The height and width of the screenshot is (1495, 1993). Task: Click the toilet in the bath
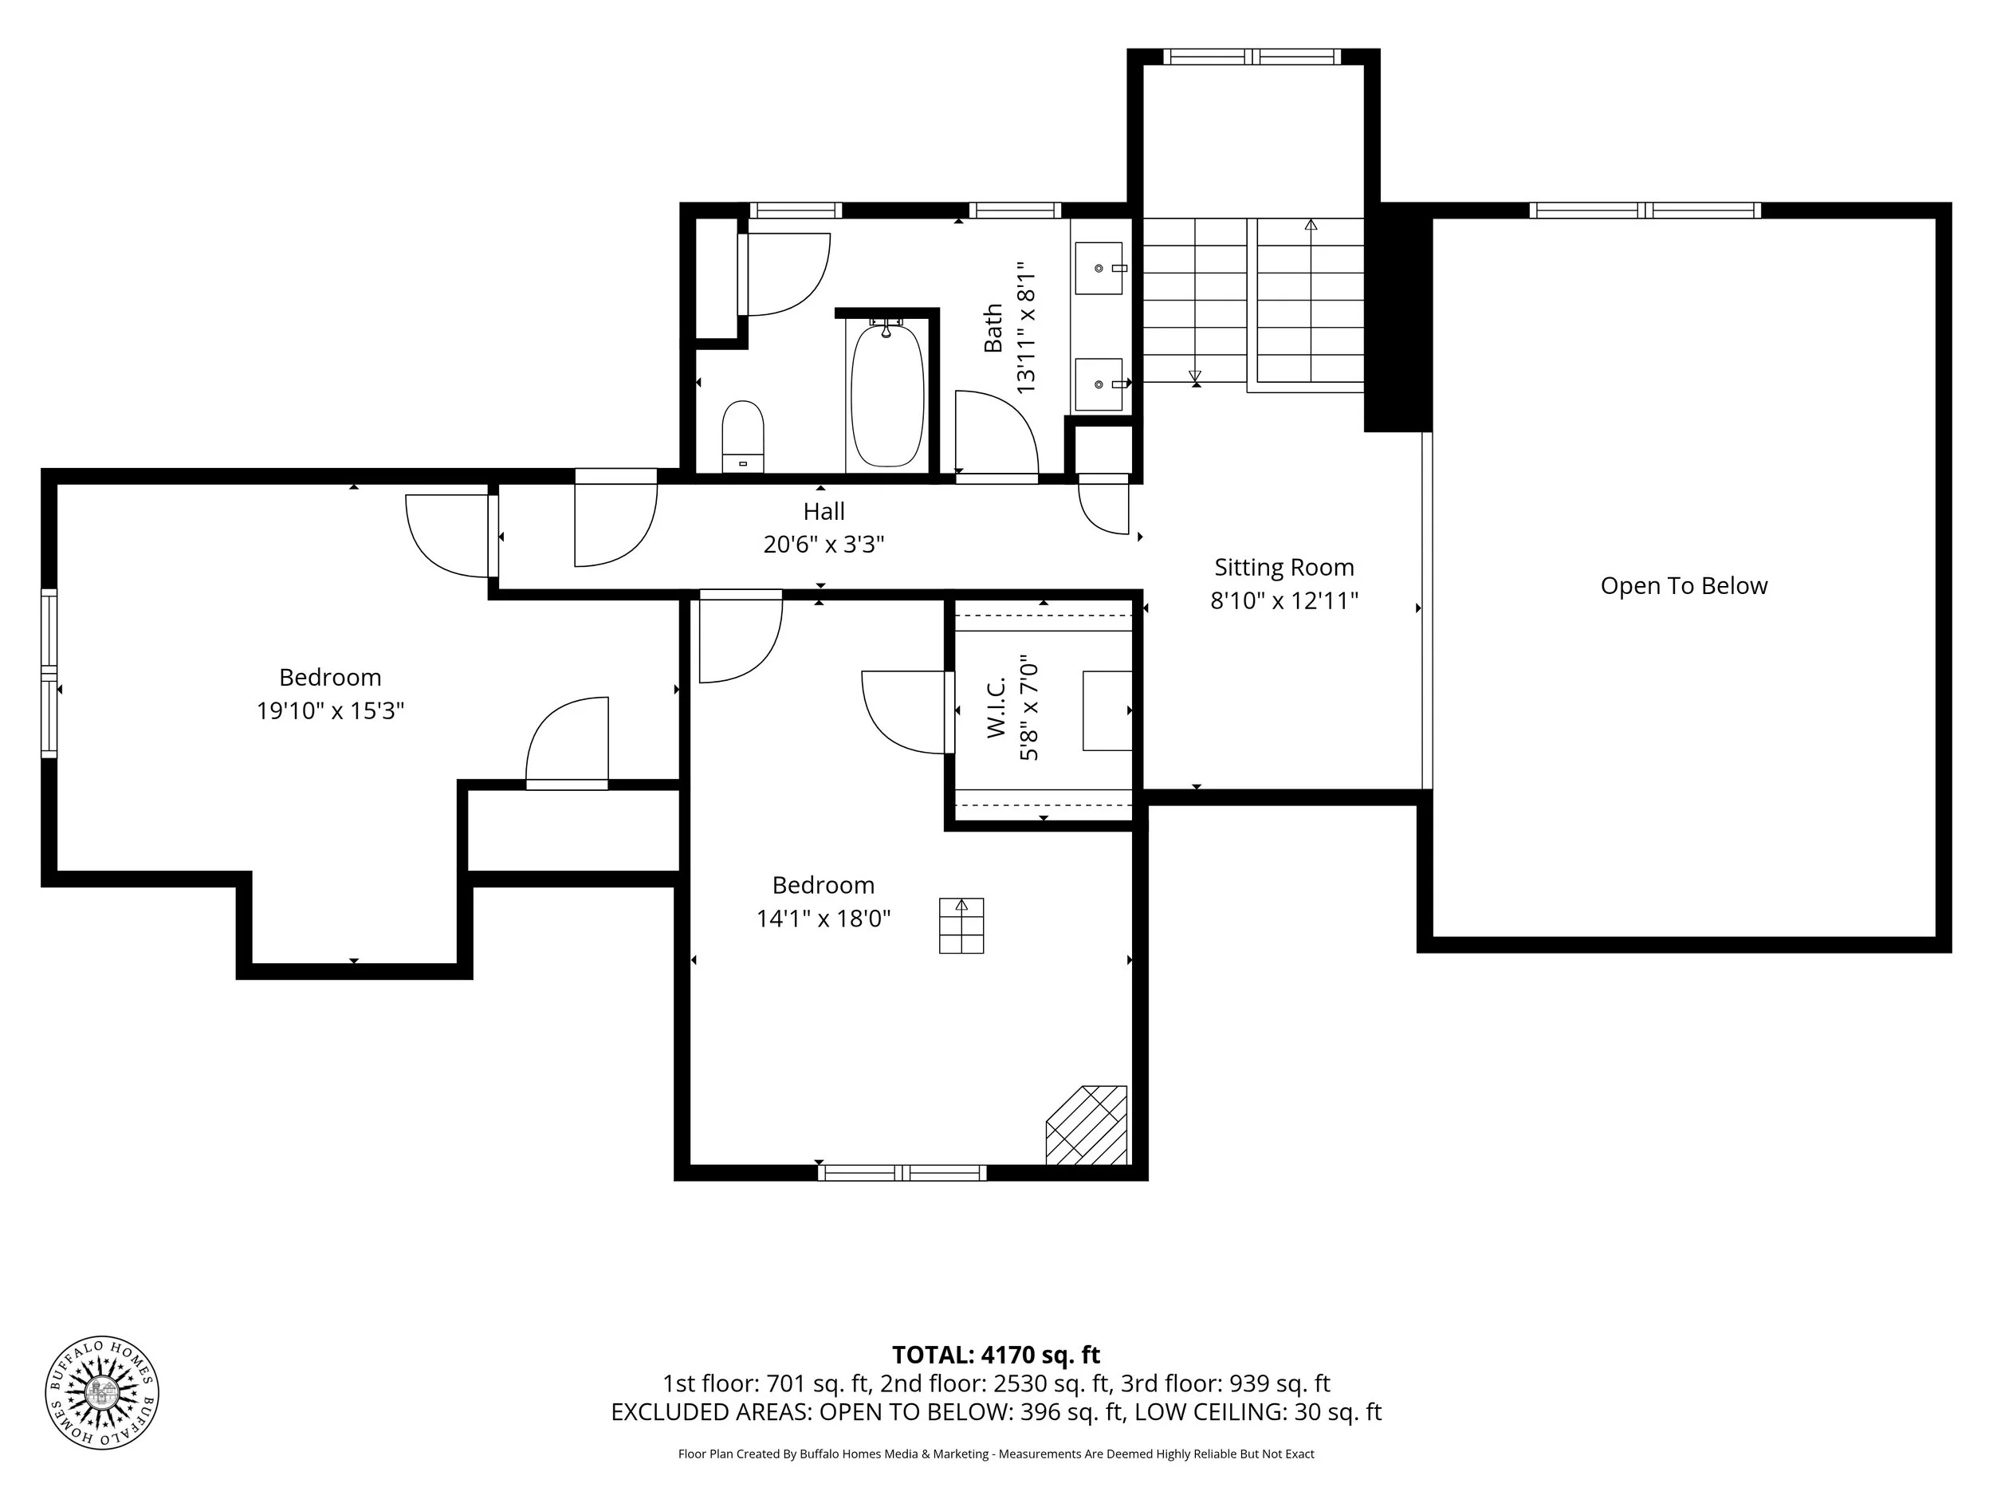743,436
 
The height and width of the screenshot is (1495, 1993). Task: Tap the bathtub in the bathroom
887,395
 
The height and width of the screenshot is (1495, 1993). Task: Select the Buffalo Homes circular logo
102,1392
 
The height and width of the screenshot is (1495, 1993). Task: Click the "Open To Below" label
1683,586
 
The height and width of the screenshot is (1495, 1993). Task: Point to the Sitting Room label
1284,567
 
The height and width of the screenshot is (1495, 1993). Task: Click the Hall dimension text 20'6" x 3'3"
824,545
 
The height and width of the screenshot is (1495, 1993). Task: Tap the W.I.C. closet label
996,708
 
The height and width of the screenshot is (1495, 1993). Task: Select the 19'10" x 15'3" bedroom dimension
330,710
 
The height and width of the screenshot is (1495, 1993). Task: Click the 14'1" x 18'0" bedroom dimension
824,919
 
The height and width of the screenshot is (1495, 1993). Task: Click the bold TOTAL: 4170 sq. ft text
996,1355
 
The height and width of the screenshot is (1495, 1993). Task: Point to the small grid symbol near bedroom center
961,926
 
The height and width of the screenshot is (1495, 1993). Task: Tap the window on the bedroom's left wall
49,673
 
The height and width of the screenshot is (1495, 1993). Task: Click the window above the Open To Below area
1645,210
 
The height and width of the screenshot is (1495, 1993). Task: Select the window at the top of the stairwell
1252,57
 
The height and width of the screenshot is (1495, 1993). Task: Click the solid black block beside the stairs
1397,317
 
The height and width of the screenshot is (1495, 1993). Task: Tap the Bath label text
993,328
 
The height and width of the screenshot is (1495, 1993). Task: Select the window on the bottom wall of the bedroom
902,1172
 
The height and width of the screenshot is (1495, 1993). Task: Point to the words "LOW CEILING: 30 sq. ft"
1258,1412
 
